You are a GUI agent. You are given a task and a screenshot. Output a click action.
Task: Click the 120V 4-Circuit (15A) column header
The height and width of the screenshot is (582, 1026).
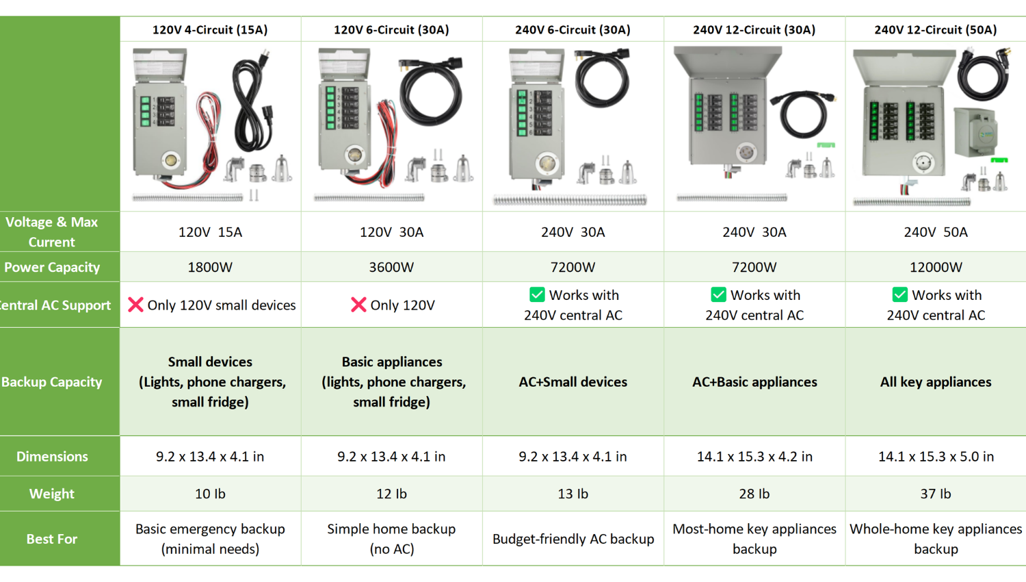210,29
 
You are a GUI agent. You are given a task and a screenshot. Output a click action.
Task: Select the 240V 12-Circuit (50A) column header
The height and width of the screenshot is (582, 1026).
935,29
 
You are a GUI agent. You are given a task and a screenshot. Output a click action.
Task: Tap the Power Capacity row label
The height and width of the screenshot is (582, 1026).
52,267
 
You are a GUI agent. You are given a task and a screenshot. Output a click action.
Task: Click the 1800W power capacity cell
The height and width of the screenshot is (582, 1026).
210,267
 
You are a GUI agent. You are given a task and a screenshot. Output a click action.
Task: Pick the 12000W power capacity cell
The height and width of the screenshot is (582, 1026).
935,267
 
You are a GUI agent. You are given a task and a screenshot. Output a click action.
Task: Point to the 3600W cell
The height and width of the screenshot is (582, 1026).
391,267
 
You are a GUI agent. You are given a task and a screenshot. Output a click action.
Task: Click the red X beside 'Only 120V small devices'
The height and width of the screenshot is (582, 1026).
135,305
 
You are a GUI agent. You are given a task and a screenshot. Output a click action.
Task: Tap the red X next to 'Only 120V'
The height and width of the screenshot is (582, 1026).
358,305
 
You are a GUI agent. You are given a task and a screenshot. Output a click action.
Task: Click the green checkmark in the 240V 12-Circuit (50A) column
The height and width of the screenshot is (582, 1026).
899,294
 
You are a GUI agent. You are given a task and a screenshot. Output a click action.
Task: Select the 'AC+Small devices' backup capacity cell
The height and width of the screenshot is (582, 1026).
573,381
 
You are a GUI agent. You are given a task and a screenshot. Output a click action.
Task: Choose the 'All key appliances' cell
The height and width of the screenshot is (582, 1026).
935,381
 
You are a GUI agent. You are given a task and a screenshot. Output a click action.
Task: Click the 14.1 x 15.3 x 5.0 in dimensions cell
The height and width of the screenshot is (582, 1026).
935,456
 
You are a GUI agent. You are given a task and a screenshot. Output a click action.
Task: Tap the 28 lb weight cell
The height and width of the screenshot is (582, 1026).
754,494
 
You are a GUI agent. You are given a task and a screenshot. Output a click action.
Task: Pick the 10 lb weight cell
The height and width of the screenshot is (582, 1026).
210,494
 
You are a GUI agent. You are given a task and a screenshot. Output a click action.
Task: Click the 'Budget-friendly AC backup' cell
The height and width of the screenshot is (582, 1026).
573,539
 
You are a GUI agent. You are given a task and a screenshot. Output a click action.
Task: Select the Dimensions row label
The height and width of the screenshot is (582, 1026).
52,456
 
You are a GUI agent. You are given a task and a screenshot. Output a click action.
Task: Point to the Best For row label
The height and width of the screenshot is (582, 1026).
52,539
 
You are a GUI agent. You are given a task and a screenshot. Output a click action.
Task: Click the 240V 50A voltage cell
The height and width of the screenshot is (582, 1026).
935,232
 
